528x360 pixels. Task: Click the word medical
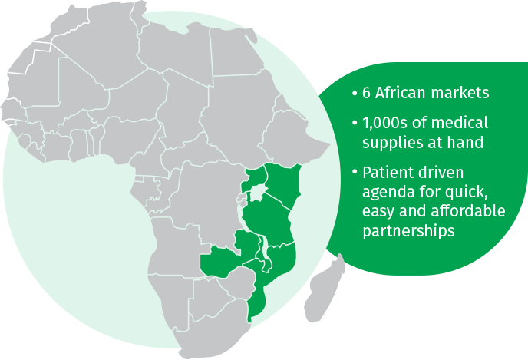[464, 123]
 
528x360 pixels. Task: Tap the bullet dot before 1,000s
[354, 123]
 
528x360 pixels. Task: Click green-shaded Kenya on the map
[283, 184]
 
